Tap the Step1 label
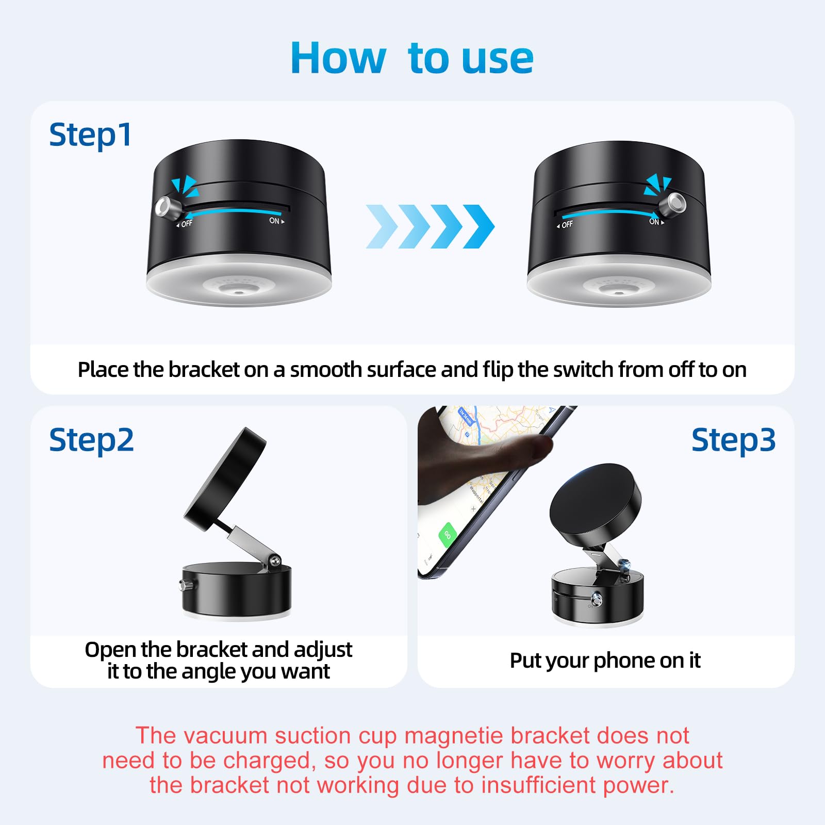(x=90, y=135)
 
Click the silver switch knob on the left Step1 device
(x=164, y=207)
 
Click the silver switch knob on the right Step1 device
(x=676, y=202)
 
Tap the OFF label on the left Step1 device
(x=186, y=224)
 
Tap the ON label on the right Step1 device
(x=655, y=222)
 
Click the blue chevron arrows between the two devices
(x=430, y=226)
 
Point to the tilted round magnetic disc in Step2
(x=225, y=480)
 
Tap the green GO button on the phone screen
(x=447, y=535)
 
